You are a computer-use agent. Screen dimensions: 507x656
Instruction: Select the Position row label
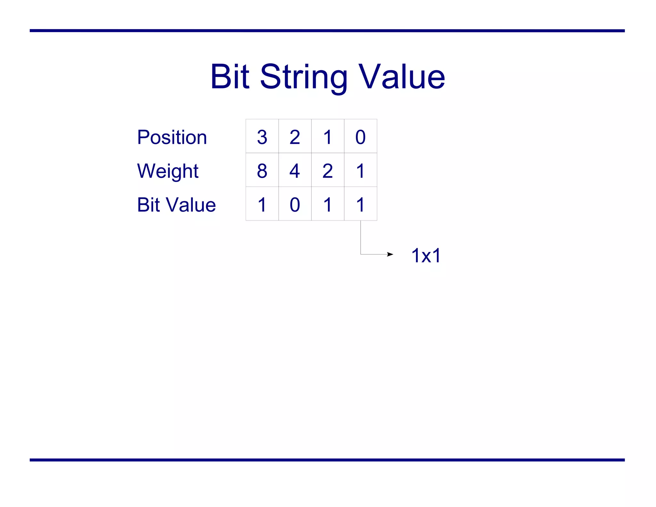[172, 137]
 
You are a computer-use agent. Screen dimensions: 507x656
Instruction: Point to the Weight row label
[168, 171]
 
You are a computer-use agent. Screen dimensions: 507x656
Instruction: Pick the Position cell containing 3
[262, 137]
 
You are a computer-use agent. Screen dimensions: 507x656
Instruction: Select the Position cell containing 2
[295, 137]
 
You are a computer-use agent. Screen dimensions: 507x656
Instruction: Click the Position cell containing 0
[360, 137]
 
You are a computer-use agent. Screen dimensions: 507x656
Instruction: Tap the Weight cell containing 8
[262, 170]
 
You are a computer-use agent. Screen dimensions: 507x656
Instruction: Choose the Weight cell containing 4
[295, 170]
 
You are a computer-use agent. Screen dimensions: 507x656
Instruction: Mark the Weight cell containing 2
[328, 170]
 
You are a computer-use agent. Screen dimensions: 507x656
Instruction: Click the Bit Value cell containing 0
[295, 204]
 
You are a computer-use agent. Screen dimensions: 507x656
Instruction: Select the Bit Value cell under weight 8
[262, 204]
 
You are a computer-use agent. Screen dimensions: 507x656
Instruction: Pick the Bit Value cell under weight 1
[360, 204]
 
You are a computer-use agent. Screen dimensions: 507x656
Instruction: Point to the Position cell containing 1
[328, 137]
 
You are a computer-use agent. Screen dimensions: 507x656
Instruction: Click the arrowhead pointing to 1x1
[390, 254]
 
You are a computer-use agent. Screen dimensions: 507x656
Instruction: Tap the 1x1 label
[426, 255]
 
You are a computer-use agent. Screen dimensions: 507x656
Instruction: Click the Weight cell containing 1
[360, 170]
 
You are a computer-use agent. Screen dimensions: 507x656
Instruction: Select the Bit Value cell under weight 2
[328, 204]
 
